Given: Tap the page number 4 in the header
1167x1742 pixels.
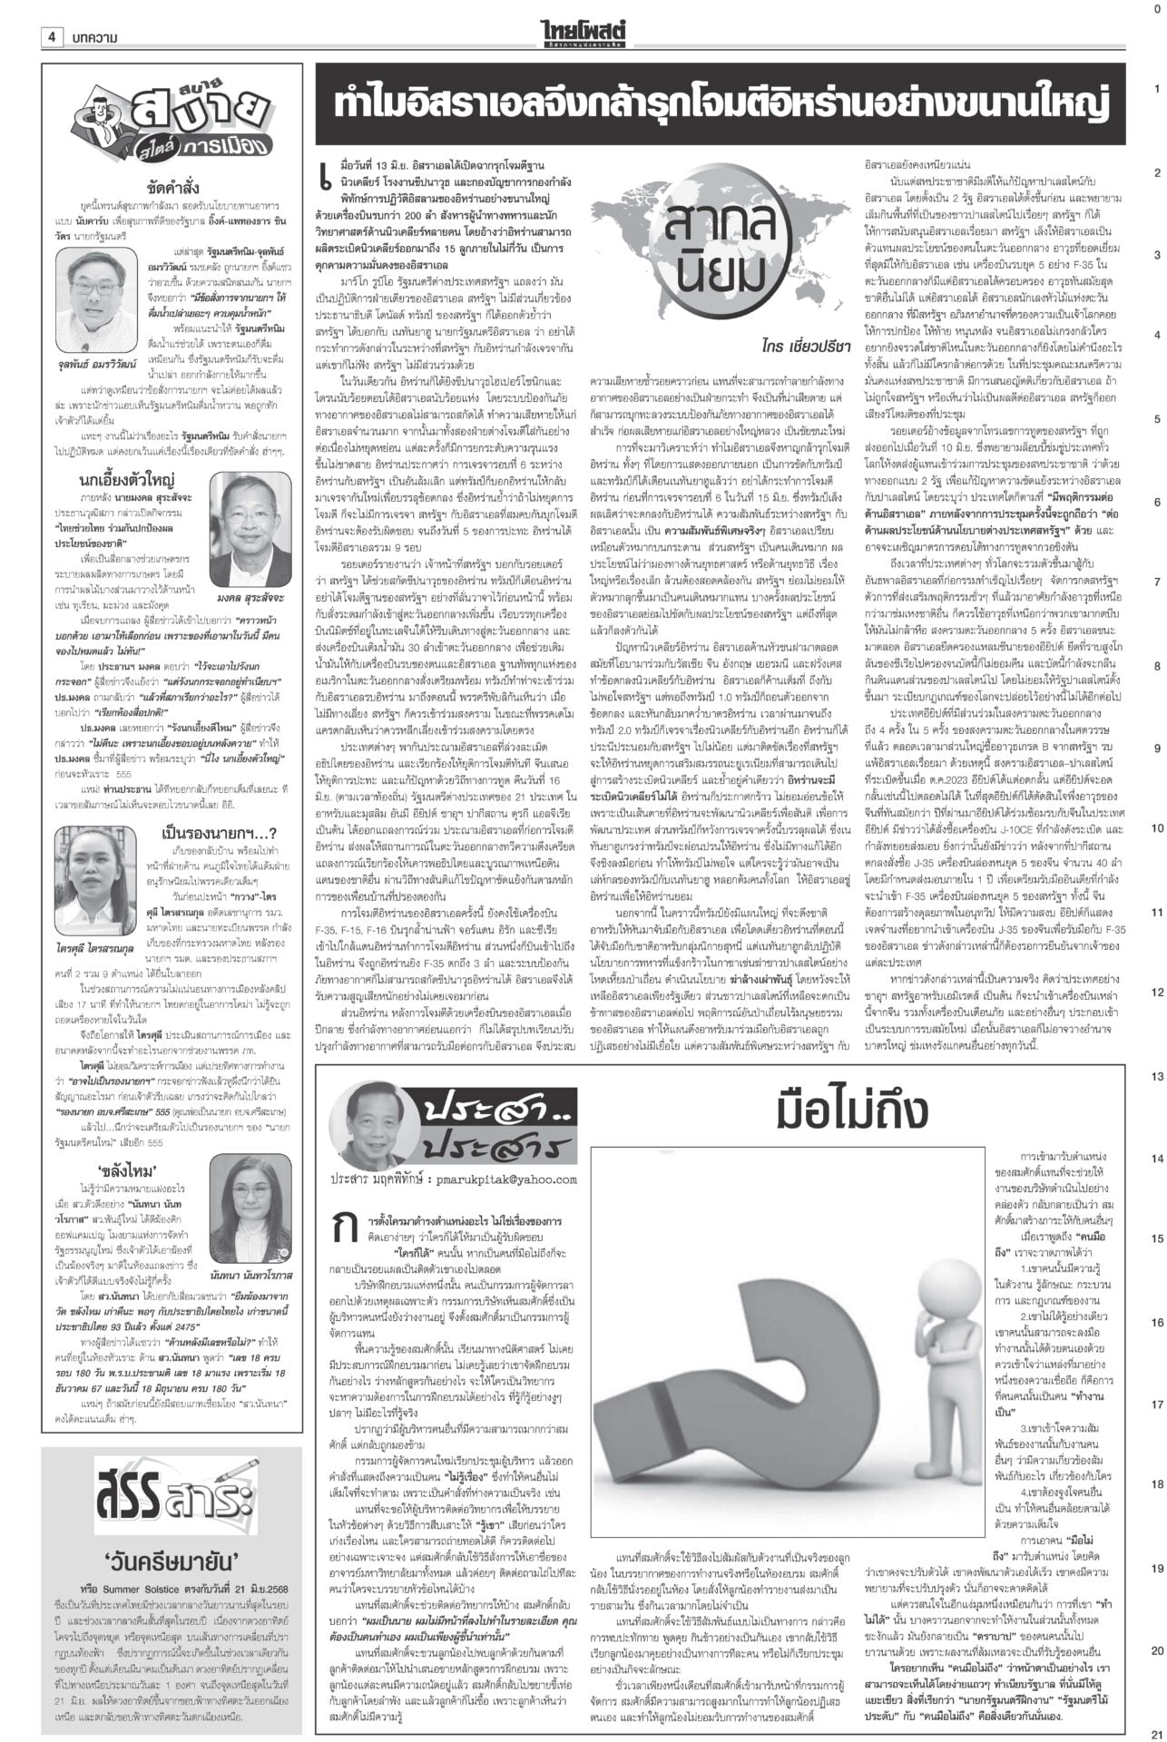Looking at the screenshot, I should pos(53,37).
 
